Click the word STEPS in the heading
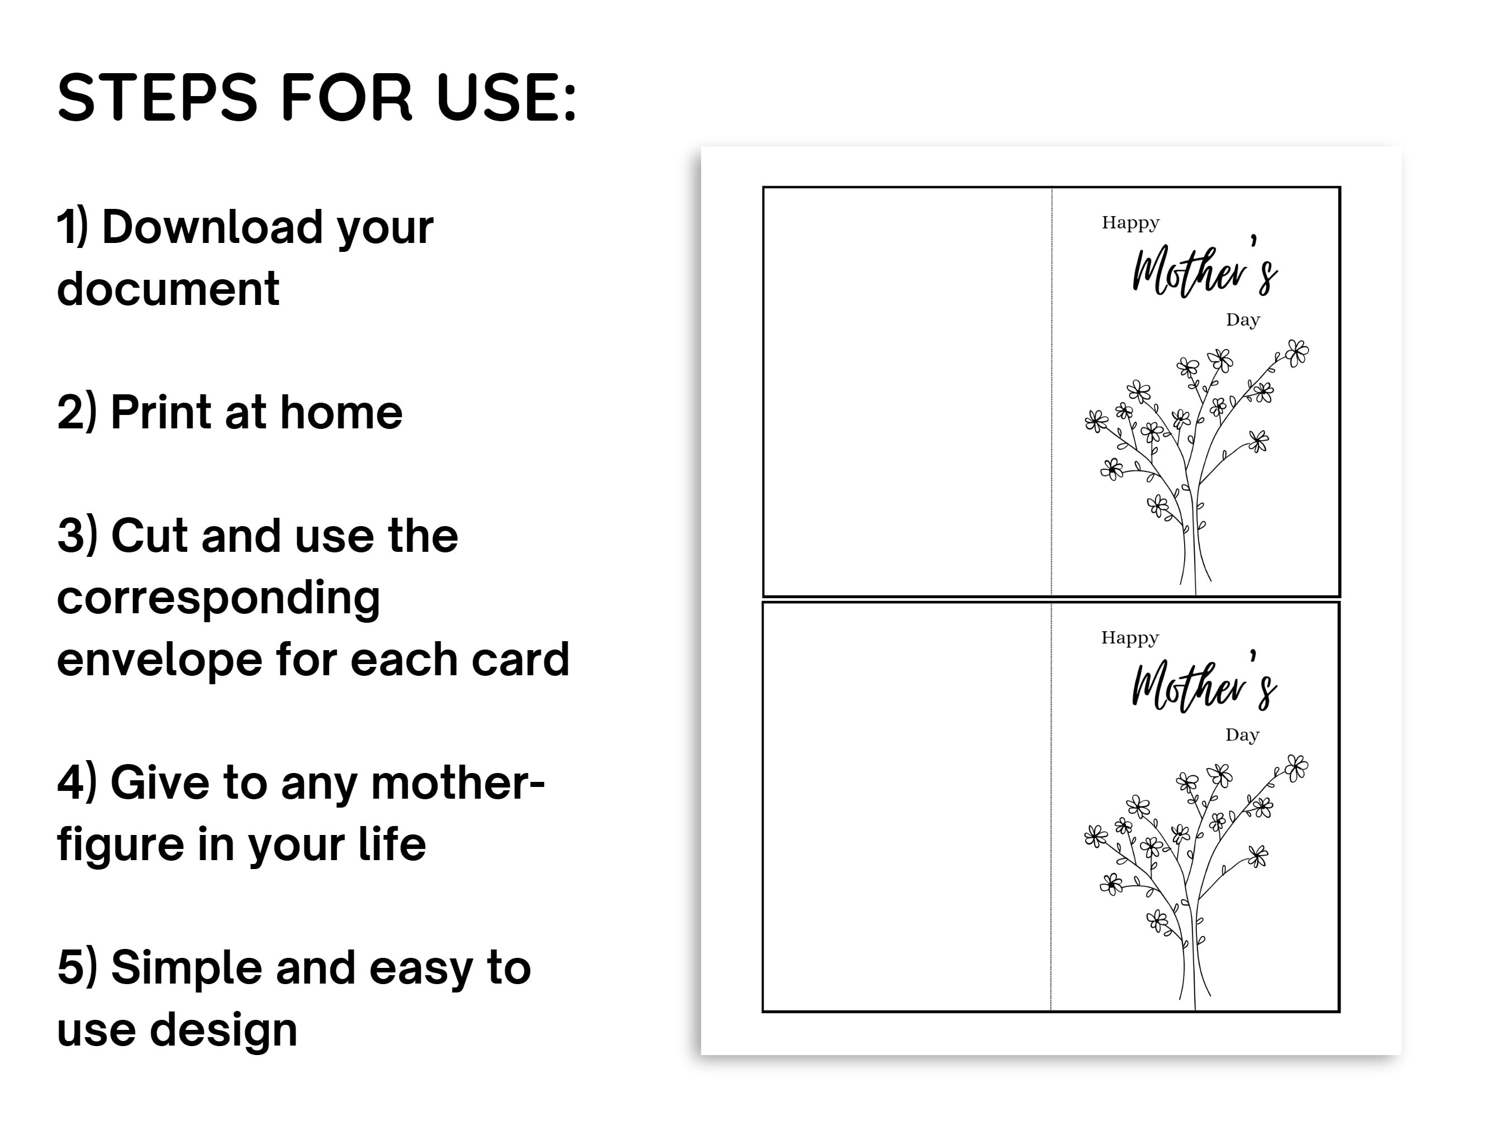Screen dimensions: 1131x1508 click(158, 98)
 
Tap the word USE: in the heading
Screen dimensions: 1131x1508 click(506, 98)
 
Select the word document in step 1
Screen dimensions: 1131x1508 click(168, 289)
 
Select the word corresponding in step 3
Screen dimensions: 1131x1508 click(218, 598)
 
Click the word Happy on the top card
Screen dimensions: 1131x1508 click(1130, 223)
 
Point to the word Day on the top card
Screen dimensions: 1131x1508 click(1243, 319)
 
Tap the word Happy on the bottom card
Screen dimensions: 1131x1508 click(1130, 638)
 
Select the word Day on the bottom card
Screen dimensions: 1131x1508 click(1242, 735)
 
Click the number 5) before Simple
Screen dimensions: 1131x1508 click(77, 968)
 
